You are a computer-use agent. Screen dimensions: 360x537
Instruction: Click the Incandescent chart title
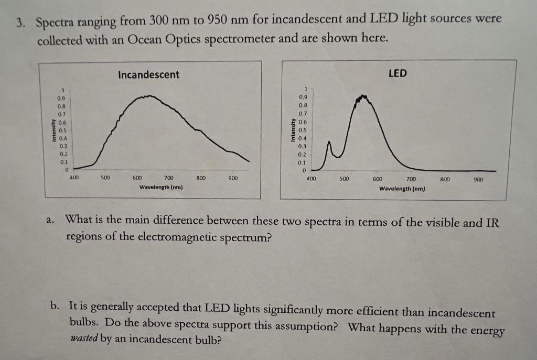[148, 75]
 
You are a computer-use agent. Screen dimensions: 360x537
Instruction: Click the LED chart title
[397, 73]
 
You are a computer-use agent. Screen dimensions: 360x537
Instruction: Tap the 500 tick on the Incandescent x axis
[105, 178]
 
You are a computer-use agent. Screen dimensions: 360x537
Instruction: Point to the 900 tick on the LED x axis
[478, 179]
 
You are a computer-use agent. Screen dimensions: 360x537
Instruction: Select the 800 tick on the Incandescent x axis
[200, 178]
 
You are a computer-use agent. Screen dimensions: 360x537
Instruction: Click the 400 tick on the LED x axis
[311, 179]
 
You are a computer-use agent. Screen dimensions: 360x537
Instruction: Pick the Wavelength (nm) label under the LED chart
[402, 189]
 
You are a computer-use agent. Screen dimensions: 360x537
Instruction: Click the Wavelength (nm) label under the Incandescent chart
[161, 187]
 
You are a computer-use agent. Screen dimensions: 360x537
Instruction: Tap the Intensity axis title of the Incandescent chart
[52, 129]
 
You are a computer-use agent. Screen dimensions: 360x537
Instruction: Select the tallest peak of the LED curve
[361, 97]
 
